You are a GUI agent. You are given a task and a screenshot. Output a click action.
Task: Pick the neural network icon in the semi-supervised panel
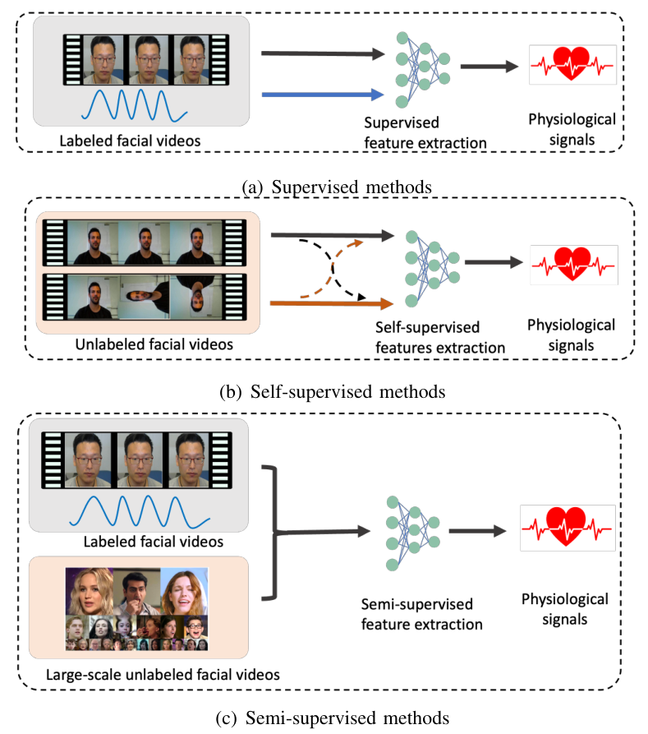click(x=411, y=532)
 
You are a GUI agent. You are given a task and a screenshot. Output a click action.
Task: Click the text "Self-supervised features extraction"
click(x=439, y=338)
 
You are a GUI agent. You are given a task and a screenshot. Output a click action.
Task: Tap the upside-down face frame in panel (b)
click(x=190, y=297)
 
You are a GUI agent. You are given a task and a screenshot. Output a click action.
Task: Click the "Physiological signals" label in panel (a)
click(x=572, y=128)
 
